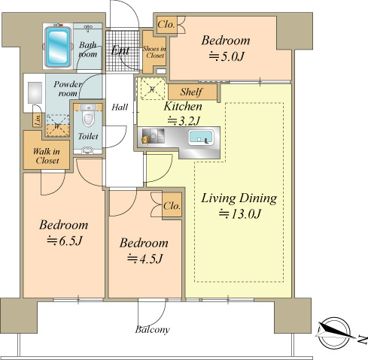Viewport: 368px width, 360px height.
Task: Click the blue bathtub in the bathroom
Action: (x=58, y=46)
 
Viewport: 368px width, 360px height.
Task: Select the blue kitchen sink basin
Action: (x=202, y=138)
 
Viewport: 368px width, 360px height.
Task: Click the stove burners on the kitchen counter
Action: (x=153, y=136)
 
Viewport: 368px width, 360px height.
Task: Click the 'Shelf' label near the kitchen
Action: (x=191, y=92)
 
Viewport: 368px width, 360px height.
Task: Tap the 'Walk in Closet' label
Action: (x=47, y=156)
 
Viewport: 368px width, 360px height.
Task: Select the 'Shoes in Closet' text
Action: (x=154, y=52)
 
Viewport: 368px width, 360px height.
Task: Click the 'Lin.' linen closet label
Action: (x=38, y=120)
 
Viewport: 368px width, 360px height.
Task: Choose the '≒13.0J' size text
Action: (x=240, y=213)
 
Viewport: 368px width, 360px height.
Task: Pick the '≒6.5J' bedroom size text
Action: (x=65, y=241)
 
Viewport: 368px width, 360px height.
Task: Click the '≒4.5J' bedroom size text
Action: (x=144, y=259)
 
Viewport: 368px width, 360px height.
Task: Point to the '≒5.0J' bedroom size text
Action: (x=227, y=56)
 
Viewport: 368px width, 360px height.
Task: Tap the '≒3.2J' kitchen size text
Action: (x=184, y=121)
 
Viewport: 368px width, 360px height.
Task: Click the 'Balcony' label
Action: (x=152, y=329)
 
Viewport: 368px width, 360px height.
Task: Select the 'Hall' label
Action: (x=120, y=107)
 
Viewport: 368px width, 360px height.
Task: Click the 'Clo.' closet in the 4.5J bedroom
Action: (x=172, y=206)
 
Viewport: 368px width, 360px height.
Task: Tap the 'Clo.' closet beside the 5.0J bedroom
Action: (x=166, y=25)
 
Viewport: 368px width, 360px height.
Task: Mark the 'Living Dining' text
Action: (x=239, y=198)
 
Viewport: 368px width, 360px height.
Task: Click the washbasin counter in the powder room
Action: (x=35, y=92)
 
